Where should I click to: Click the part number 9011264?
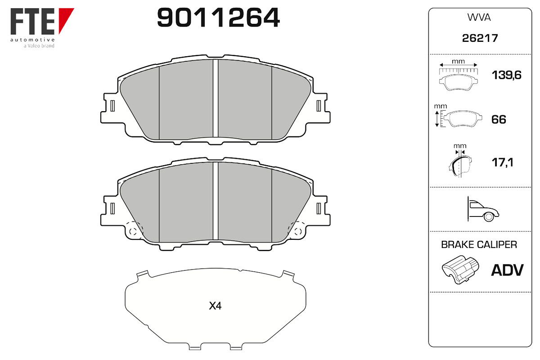point(218,18)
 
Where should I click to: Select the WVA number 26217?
point(480,38)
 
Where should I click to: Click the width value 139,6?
point(506,75)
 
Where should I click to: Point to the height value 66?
point(499,120)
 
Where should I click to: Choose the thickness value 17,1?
point(502,162)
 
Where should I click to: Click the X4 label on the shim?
point(215,306)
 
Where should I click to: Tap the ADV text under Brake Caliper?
point(507,270)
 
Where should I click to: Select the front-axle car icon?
point(483,209)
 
